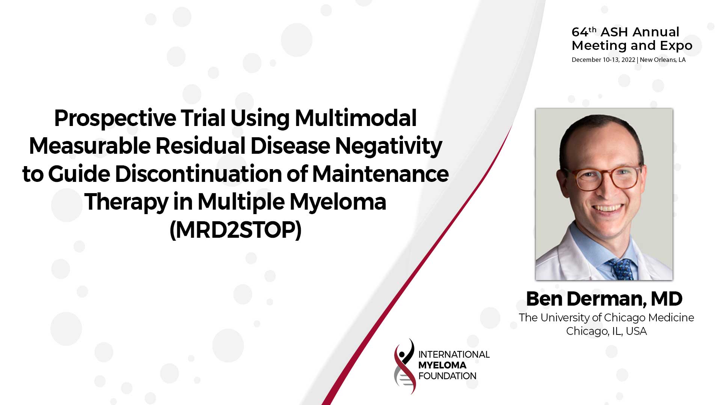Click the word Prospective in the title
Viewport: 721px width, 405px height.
tap(115, 118)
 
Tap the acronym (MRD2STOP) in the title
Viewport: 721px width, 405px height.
tap(235, 230)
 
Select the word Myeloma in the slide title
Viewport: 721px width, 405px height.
tap(338, 202)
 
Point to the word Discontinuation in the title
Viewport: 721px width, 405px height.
tap(198, 174)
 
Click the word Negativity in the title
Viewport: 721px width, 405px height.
tap(388, 146)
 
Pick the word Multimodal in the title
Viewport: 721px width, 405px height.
tap(356, 118)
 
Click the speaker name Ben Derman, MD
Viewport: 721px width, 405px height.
tap(604, 299)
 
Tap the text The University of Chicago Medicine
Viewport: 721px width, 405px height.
tap(606, 318)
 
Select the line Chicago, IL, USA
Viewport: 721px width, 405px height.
tap(606, 331)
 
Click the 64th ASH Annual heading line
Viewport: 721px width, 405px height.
tap(625, 32)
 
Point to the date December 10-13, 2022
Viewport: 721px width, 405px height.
tap(603, 60)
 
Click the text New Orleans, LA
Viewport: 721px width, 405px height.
tap(662, 60)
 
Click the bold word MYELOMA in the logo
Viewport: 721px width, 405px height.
tap(442, 365)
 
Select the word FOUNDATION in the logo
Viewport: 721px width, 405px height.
tap(447, 376)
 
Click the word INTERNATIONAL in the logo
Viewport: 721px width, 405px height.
tap(454, 355)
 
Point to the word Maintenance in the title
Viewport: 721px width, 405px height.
tap(380, 174)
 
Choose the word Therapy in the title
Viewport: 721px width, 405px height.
tap(127, 202)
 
